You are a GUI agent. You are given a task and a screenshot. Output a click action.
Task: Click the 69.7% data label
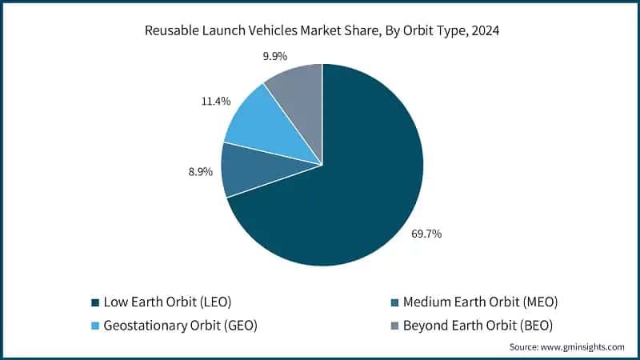[x=426, y=234]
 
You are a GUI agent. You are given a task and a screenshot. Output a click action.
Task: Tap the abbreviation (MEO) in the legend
[x=540, y=302]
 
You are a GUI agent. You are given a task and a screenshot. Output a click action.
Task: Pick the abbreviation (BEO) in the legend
[x=538, y=326]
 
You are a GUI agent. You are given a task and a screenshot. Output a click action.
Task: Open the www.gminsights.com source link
[x=583, y=346]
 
